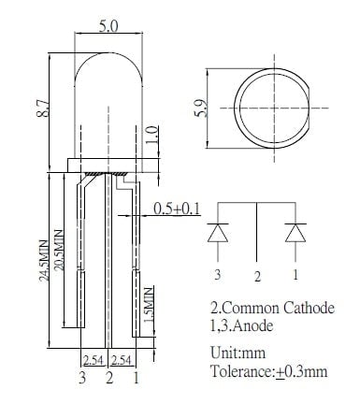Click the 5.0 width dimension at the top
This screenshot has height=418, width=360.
[108, 26]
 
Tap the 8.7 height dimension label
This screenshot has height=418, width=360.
[43, 108]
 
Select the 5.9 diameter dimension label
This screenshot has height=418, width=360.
[200, 108]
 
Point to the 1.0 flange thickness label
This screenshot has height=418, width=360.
[152, 135]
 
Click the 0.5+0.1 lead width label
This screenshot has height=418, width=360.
[177, 209]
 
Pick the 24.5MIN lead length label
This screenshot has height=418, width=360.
[44, 261]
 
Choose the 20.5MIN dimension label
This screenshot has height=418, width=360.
[59, 250]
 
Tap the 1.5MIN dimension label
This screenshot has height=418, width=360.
[149, 305]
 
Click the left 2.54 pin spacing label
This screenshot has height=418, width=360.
[94, 361]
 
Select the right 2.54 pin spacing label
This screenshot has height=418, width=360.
[121, 361]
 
